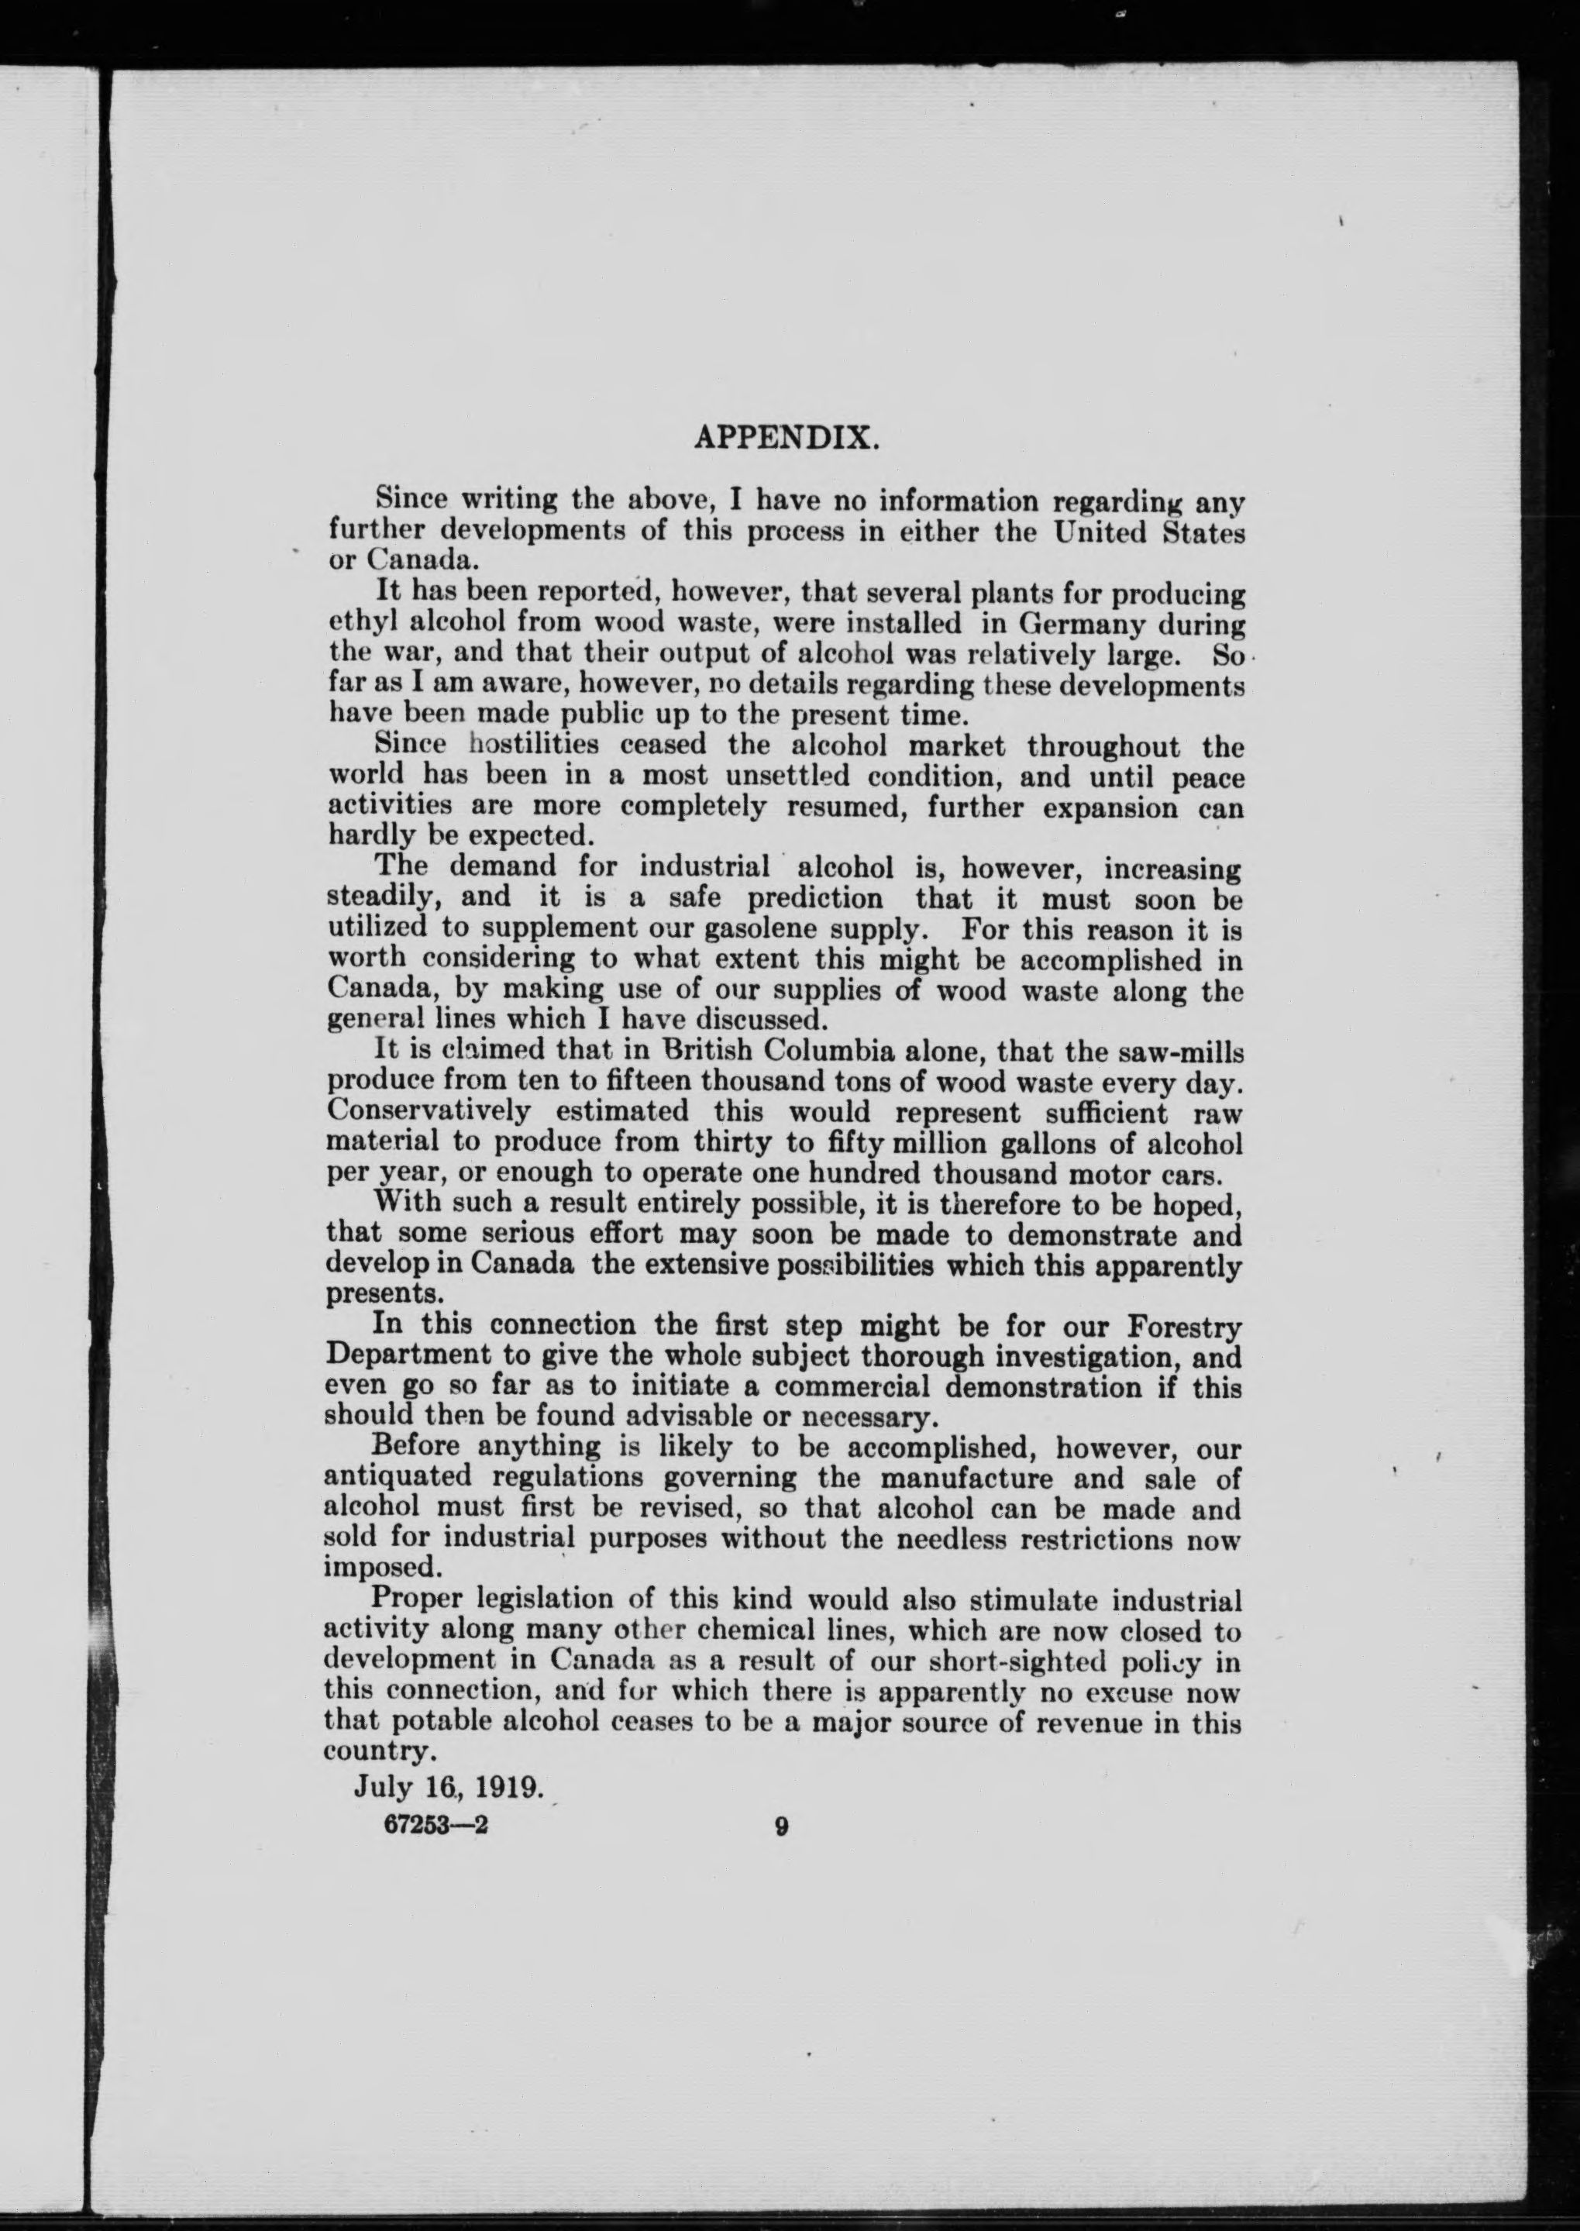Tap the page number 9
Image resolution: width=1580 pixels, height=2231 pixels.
780,1826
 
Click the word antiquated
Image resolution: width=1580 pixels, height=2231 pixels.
398,1476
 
